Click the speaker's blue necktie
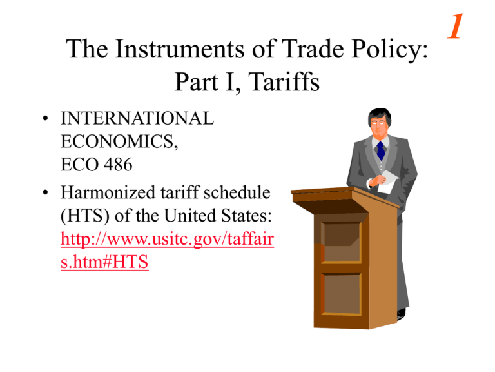pos(381,150)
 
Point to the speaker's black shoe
pos(401,313)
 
